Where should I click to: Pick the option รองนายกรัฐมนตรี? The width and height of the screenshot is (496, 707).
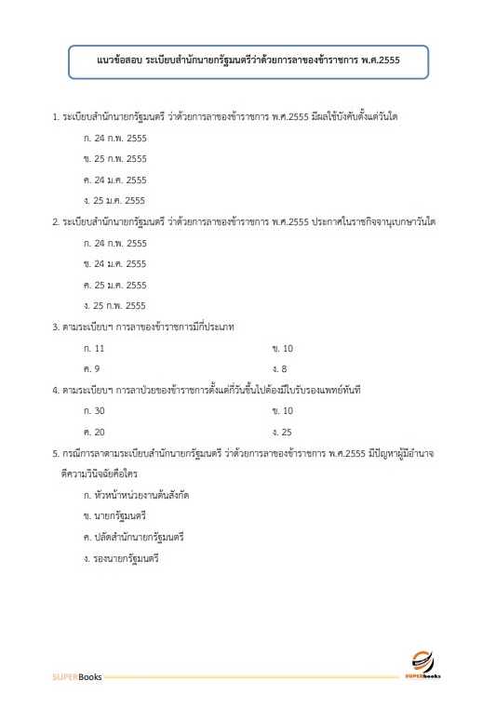coord(123,558)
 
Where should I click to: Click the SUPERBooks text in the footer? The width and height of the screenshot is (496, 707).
coord(76,674)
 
